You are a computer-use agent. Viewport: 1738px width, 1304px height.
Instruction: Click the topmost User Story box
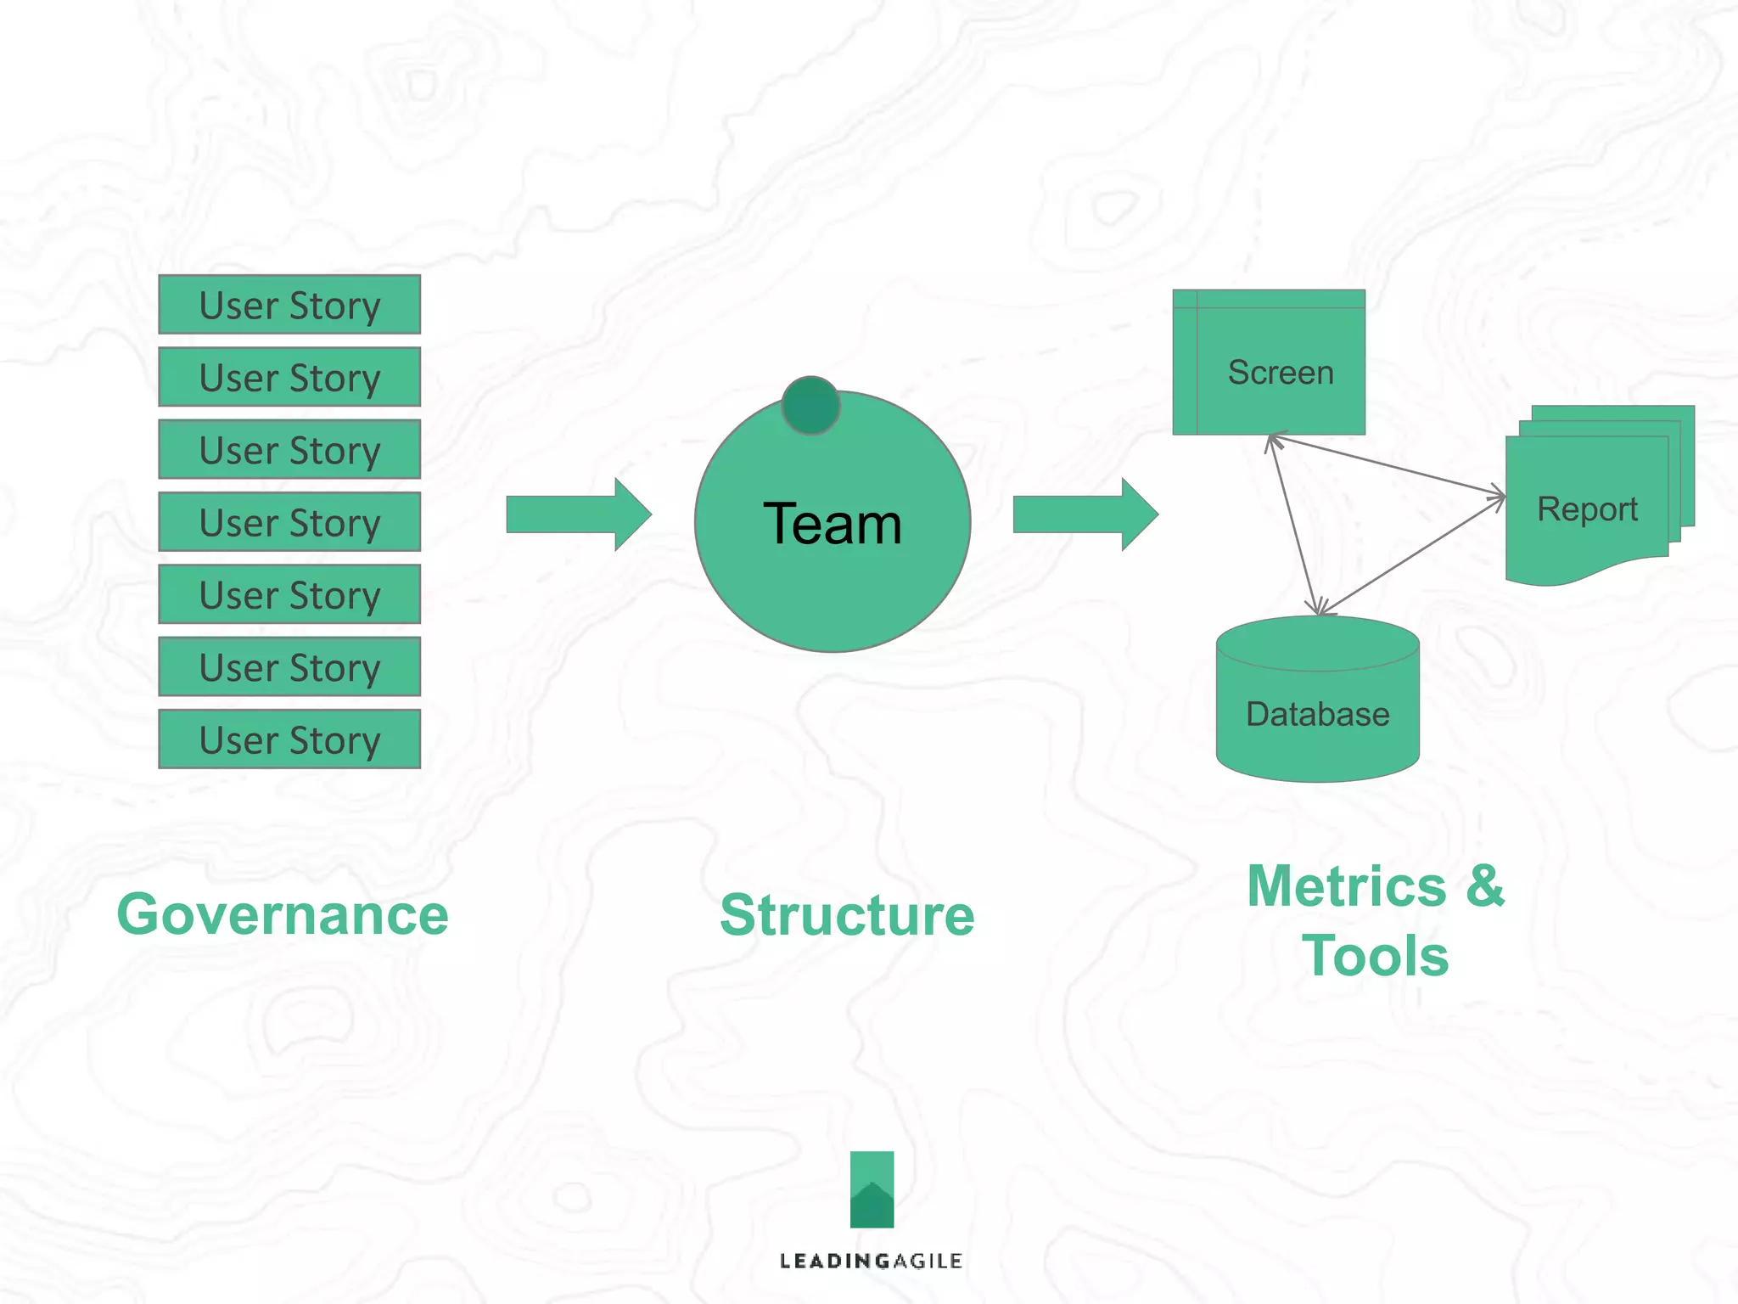[289, 305]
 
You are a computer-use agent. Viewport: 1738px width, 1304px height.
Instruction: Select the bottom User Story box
[289, 739]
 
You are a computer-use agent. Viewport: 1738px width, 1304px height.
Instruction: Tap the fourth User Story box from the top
[289, 522]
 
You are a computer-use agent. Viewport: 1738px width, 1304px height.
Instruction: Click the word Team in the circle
[832, 524]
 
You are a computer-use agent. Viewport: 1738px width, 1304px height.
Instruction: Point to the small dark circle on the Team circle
[810, 406]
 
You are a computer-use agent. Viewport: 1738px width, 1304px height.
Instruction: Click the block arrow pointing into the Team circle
[578, 514]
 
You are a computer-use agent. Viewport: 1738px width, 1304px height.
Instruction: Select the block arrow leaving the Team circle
[1085, 514]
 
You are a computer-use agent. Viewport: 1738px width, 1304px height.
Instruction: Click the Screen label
[1281, 373]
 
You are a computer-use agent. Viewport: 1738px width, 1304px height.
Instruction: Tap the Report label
[1587, 509]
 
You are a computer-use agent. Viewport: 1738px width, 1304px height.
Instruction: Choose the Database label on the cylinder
[1317, 715]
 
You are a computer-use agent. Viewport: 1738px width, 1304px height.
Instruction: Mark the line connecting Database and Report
[1412, 555]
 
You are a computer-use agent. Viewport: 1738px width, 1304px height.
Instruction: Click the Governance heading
[283, 915]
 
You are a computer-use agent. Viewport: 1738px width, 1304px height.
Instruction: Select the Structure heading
[847, 916]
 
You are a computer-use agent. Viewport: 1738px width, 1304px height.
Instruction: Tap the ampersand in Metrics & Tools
[1485, 885]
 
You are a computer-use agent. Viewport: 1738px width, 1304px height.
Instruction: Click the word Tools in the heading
[1375, 956]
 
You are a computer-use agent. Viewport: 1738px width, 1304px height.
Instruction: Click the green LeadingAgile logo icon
[872, 1189]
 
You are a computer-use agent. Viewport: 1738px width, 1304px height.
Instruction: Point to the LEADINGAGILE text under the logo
[871, 1262]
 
